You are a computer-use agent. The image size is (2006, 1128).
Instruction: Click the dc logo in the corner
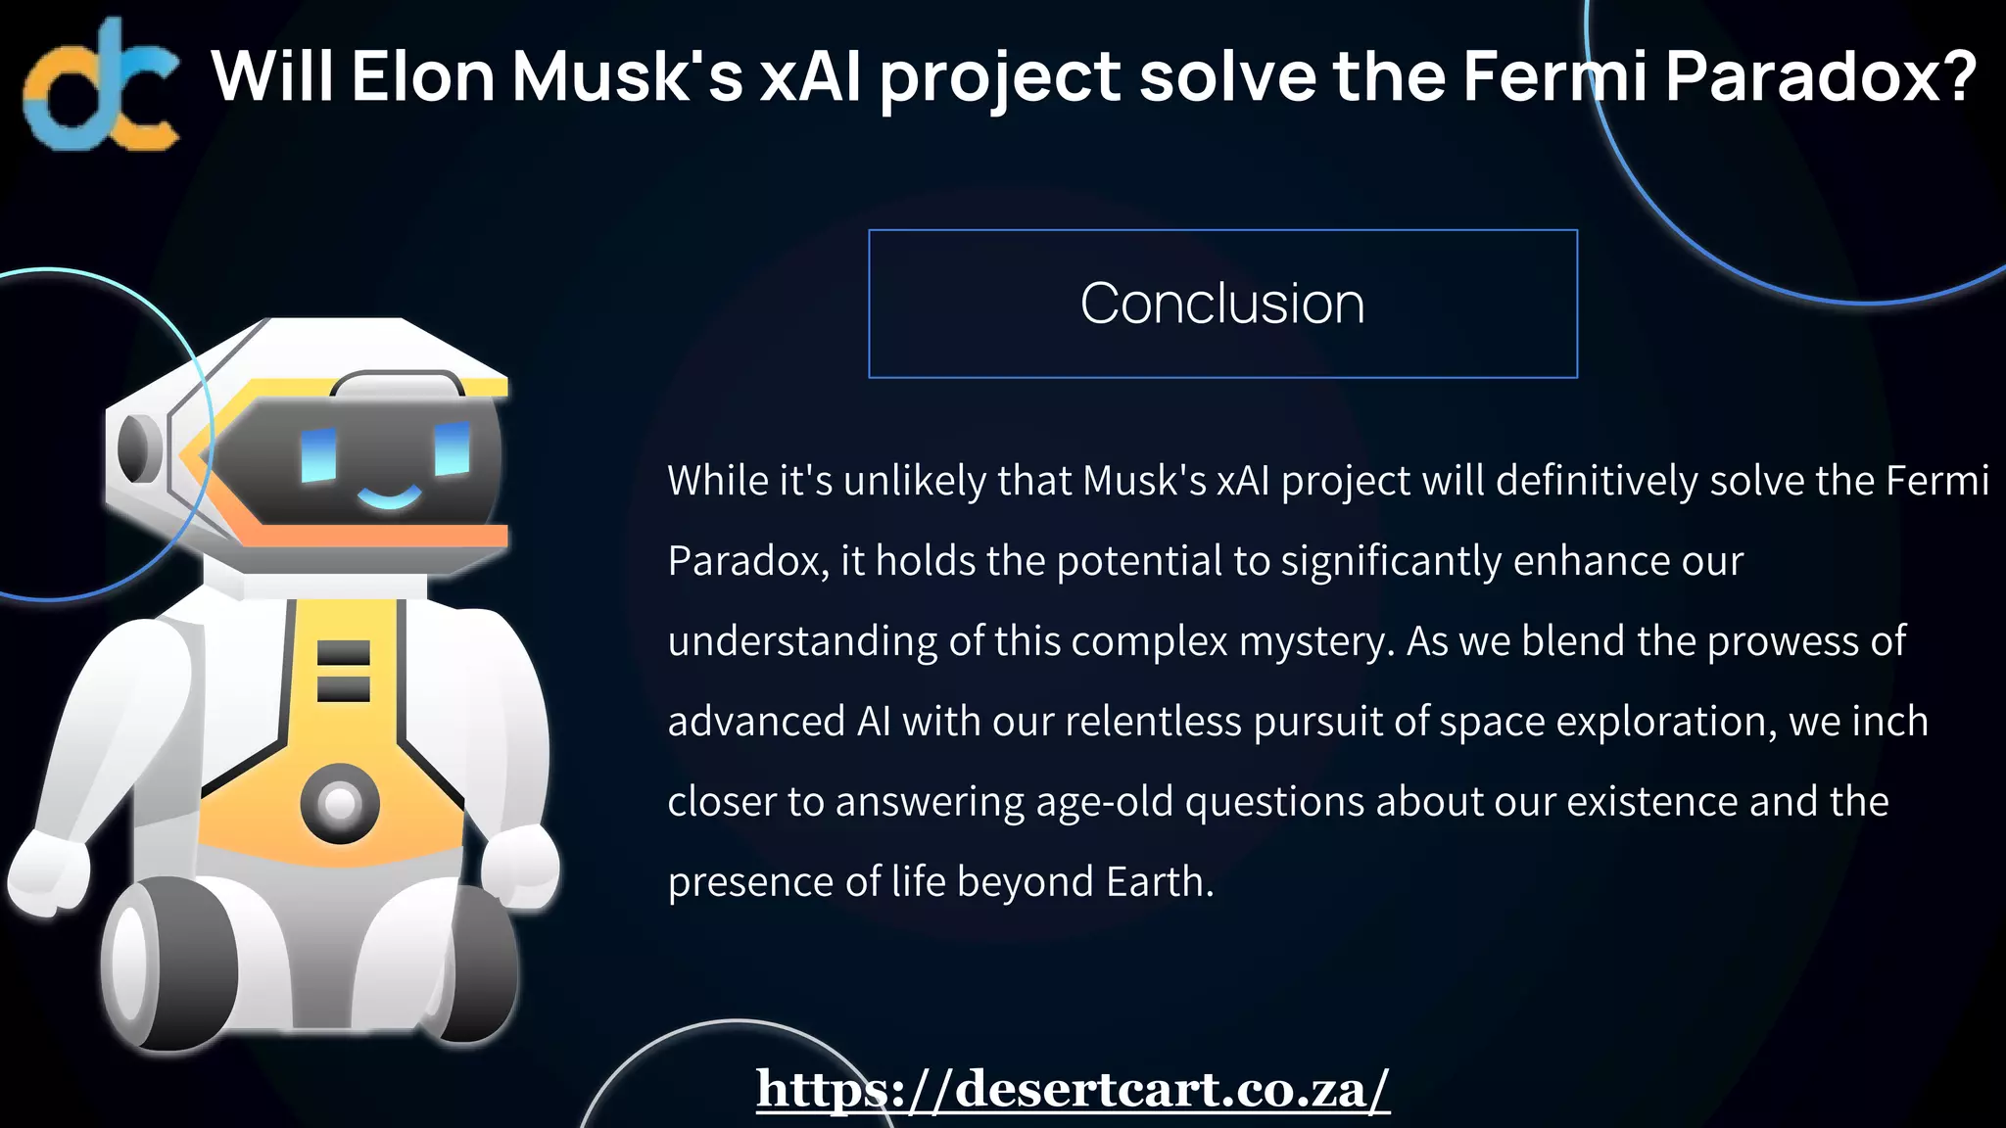tap(101, 86)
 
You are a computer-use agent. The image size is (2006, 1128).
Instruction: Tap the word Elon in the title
tap(423, 76)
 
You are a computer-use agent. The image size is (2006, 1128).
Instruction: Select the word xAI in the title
tap(811, 76)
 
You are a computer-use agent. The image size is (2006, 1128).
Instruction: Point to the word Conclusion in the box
tap(1222, 304)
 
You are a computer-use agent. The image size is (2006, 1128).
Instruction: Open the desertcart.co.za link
tap(1073, 1089)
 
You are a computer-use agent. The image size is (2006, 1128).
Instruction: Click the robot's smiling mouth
tap(389, 496)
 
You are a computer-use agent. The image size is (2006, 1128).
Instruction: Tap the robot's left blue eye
tap(318, 454)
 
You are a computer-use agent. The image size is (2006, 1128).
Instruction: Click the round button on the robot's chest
tap(340, 803)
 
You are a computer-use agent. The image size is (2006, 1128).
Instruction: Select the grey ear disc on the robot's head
tap(137, 448)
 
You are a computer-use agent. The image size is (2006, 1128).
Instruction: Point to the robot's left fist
tap(47, 873)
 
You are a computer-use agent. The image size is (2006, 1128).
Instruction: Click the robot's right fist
tap(521, 866)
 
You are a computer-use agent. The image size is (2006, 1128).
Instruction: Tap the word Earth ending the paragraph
tap(1160, 882)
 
